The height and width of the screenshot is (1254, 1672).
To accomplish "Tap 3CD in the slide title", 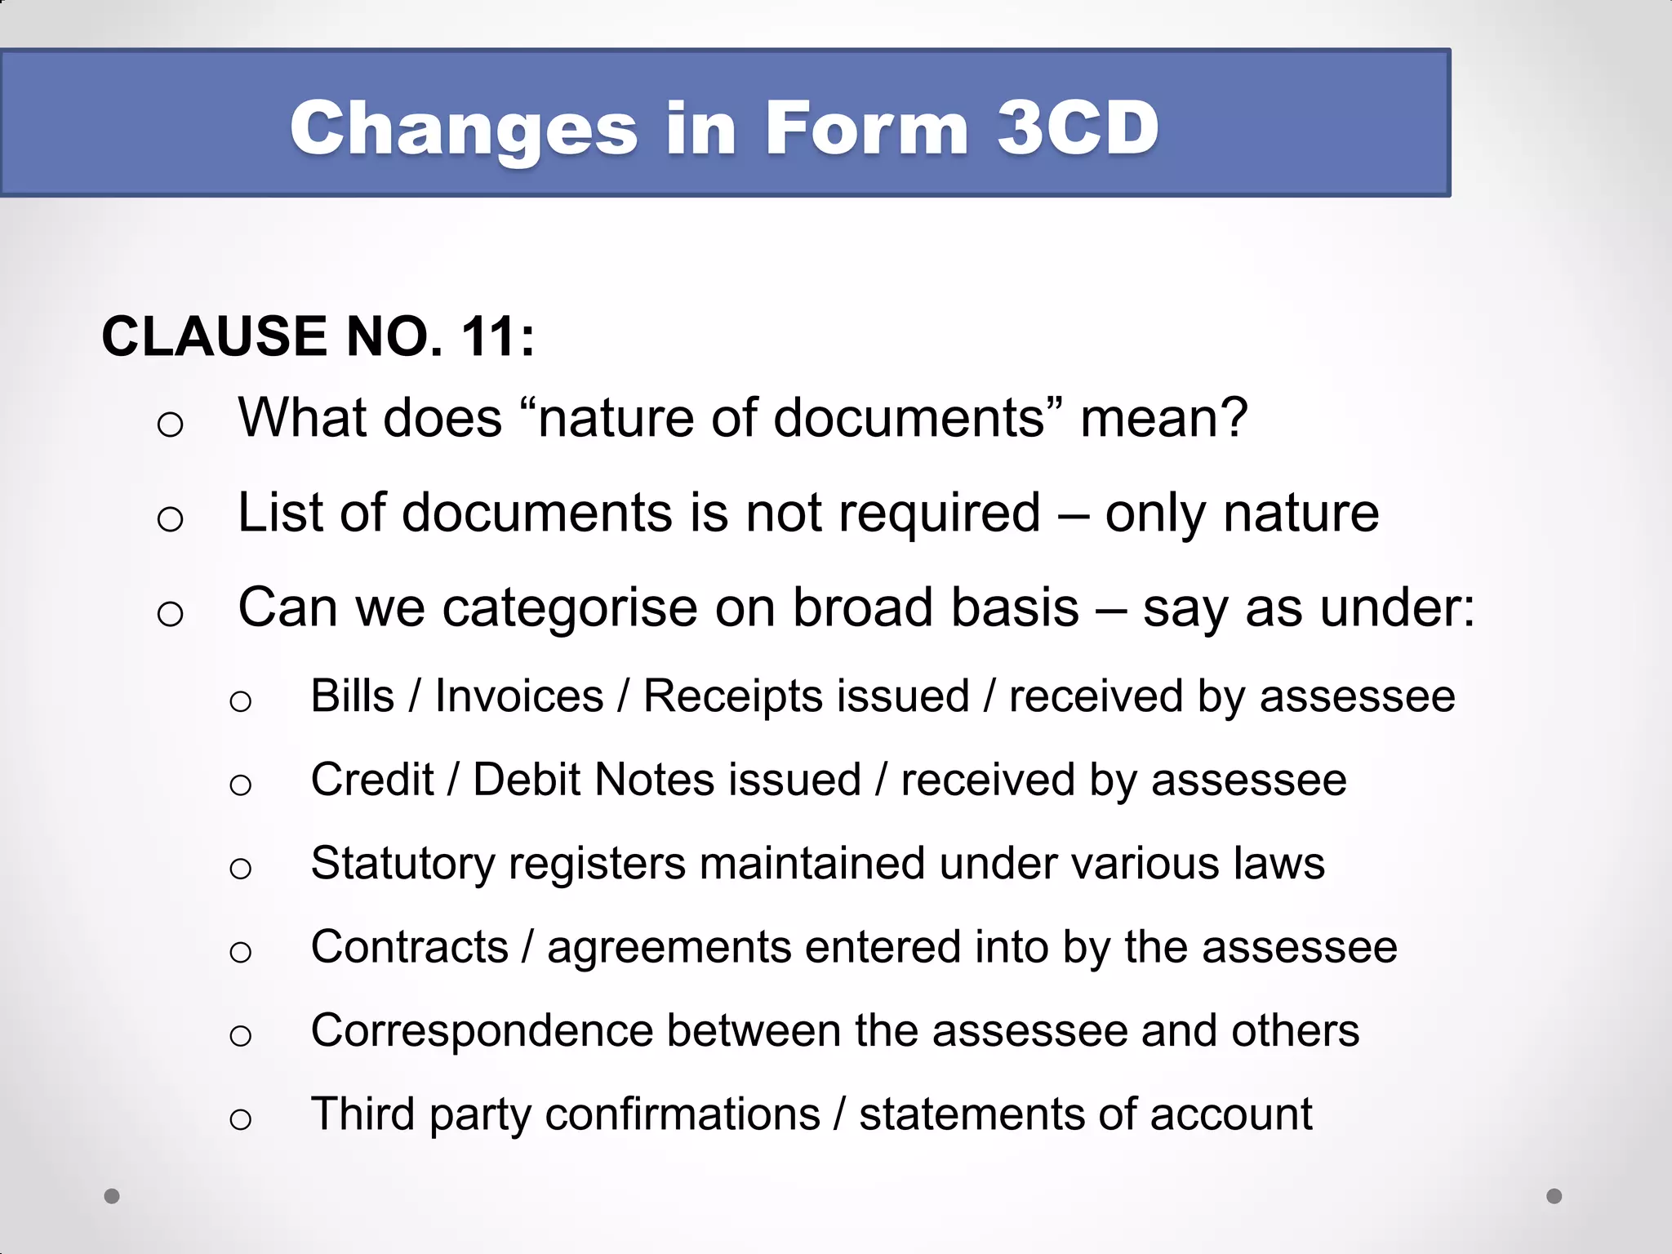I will [x=1078, y=128].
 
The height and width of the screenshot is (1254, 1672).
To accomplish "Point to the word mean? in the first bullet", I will [x=1163, y=418].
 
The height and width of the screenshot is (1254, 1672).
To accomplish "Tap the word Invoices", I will [x=519, y=697].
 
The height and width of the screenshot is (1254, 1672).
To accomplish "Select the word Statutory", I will [x=402, y=865].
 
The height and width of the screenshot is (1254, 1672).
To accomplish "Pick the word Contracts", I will [x=410, y=947].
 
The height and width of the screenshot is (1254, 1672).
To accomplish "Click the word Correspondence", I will [x=482, y=1030].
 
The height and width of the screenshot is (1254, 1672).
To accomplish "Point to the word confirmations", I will [x=683, y=1114].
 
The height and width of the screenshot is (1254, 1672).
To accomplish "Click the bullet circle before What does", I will [x=170, y=425].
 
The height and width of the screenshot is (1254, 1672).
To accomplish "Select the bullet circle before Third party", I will [x=240, y=1118].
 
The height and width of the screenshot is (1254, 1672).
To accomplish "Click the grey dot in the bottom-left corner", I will [x=112, y=1196].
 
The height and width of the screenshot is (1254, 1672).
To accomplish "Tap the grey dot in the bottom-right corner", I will [x=1554, y=1196].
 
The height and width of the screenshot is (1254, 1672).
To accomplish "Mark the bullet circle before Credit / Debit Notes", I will [x=240, y=785].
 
